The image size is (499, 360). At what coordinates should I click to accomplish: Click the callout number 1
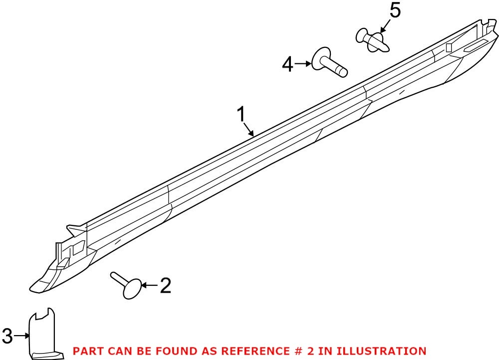pyautogui.click(x=242, y=115)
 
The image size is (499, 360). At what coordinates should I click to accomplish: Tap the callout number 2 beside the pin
pyautogui.click(x=165, y=285)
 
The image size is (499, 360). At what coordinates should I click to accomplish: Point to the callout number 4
pyautogui.click(x=288, y=64)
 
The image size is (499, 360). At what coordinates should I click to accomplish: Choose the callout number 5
pyautogui.click(x=395, y=11)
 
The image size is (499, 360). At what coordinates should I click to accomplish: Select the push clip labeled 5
pyautogui.click(x=372, y=40)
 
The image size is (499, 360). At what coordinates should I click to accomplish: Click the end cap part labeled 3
pyautogui.click(x=44, y=334)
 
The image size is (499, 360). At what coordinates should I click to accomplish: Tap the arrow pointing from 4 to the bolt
pyautogui.click(x=303, y=64)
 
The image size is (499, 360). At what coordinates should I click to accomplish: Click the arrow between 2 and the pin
pyautogui.click(x=149, y=285)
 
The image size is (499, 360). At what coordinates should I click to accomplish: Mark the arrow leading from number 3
pyautogui.click(x=22, y=335)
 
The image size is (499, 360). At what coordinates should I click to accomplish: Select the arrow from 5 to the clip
pyautogui.click(x=385, y=26)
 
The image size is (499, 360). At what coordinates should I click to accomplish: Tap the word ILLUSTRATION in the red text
pyautogui.click(x=381, y=351)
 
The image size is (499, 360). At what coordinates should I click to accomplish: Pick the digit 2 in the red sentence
pyautogui.click(x=310, y=351)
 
